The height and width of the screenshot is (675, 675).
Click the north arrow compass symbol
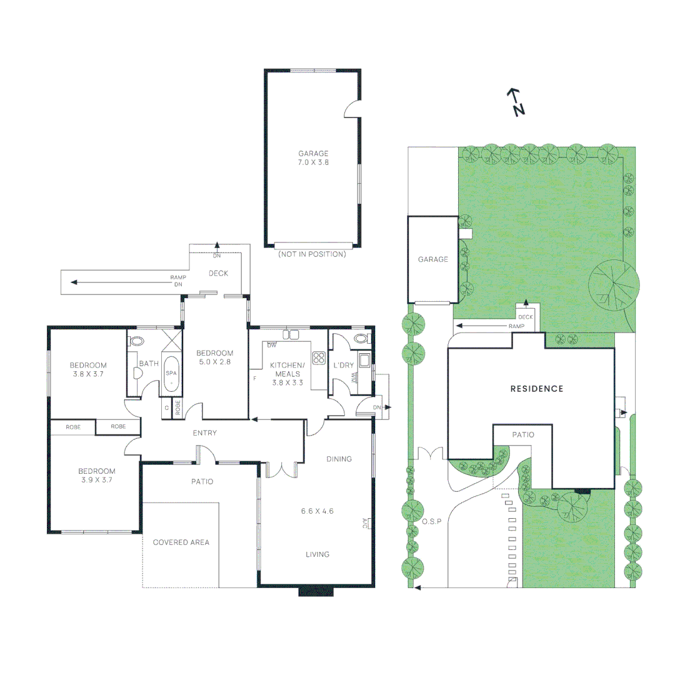pos(516,102)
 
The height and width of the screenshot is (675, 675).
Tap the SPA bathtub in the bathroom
pos(171,374)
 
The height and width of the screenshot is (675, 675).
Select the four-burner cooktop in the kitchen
pos(319,358)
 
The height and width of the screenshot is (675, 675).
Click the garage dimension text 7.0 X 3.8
pos(313,162)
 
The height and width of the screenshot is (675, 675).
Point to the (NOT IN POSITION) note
pos(312,254)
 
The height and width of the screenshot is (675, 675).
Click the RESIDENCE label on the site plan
pos(537,389)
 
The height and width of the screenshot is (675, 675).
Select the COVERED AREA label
pos(181,542)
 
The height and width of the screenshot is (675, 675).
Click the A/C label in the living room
pos(366,522)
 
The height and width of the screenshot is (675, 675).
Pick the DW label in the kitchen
pos(272,345)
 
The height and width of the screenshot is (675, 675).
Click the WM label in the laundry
pos(354,377)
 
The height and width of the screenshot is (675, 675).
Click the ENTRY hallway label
pos(205,432)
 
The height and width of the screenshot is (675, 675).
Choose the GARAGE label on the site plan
pos(433,259)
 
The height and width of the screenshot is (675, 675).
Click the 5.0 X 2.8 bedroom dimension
pos(216,362)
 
